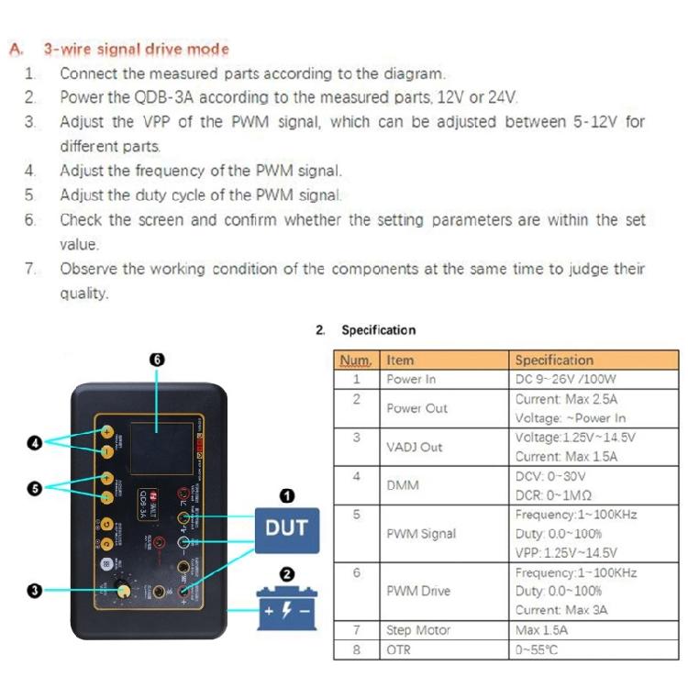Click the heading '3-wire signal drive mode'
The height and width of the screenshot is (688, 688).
[x=136, y=49]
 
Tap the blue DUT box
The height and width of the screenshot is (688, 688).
[x=286, y=529]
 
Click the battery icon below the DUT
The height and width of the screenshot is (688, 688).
[x=286, y=607]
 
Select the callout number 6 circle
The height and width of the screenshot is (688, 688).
[x=157, y=361]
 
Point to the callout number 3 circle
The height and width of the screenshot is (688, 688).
[x=36, y=591]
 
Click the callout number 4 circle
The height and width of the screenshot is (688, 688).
[x=36, y=442]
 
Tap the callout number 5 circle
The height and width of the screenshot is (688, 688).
[x=36, y=488]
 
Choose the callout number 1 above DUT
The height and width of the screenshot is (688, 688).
[x=286, y=496]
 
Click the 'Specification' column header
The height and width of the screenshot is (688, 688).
[x=554, y=361]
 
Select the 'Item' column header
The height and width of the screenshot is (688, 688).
[x=400, y=361]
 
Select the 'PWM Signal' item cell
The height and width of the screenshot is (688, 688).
[x=420, y=534]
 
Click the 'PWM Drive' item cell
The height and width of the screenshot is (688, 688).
[x=418, y=592]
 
